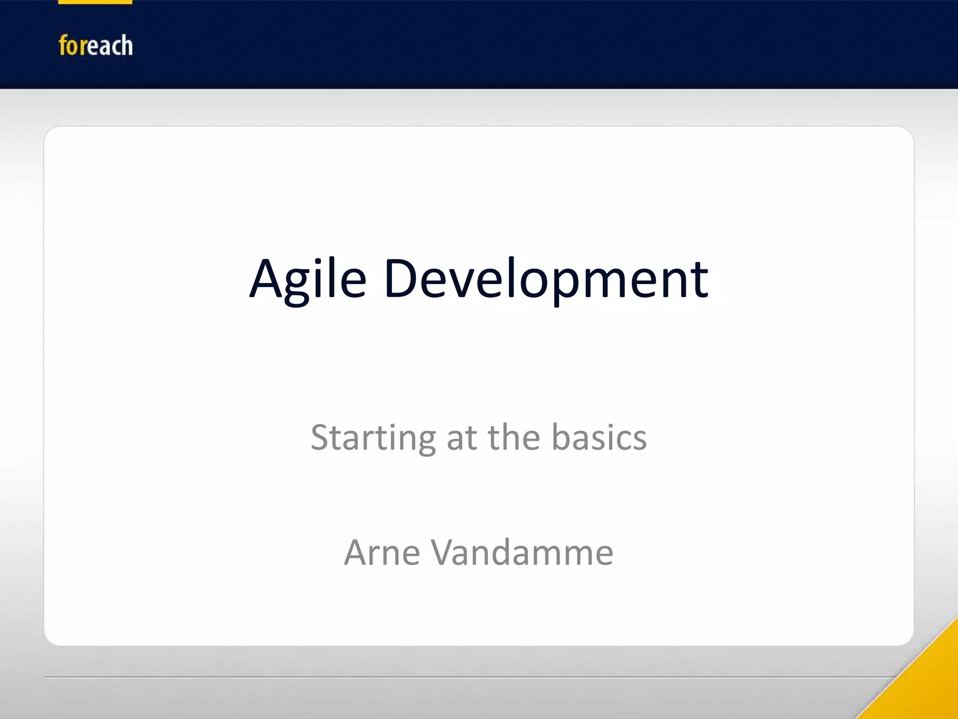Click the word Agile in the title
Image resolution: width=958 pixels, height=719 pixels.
tap(307, 279)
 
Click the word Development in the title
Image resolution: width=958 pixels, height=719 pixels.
tap(546, 279)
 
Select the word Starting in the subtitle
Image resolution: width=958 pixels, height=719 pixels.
tap(373, 438)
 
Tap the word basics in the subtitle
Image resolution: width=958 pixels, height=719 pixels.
tap(599, 438)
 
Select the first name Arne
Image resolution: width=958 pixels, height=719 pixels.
tap(382, 553)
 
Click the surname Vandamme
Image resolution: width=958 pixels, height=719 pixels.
tap(522, 553)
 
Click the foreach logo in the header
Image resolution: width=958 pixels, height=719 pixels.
tap(95, 46)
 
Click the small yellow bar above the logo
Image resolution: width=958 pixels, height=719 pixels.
tap(95, 2)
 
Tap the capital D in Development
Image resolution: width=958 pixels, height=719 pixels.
tap(400, 279)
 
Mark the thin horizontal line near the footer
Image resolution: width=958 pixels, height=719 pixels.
tap(468, 677)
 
